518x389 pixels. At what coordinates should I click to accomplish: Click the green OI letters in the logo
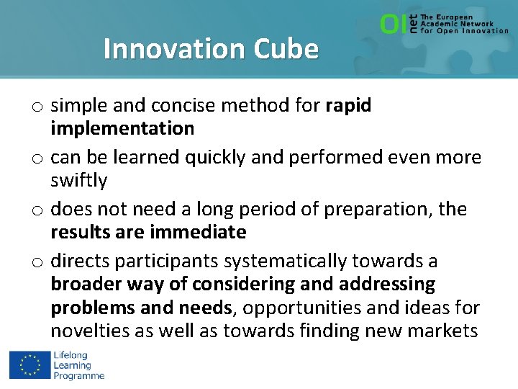(393, 24)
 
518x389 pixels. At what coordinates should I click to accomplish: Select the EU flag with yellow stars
(29, 365)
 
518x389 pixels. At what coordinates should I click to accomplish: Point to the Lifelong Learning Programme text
(78, 365)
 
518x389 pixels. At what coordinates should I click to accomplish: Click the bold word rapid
(348, 106)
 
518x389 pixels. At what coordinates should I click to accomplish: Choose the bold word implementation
(122, 129)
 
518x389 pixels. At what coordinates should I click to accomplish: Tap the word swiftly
(78, 181)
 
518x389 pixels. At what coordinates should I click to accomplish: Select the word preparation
(379, 210)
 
